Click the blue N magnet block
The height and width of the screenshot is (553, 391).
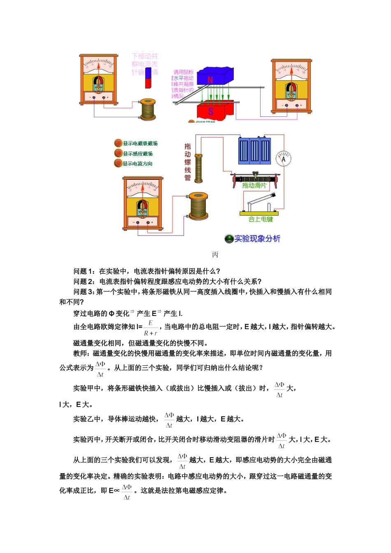(x=214, y=76)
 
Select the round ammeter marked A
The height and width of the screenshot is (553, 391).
(x=283, y=159)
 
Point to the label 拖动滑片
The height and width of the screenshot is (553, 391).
(x=254, y=186)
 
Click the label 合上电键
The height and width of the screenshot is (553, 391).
(x=261, y=219)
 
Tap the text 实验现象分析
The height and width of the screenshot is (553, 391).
(x=257, y=239)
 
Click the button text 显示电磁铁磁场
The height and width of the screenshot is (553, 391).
(x=140, y=144)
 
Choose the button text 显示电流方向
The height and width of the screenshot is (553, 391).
(x=137, y=164)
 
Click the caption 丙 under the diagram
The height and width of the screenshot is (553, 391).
(x=215, y=255)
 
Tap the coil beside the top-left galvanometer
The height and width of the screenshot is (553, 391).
(x=148, y=109)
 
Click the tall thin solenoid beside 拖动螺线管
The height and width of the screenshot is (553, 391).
(x=199, y=168)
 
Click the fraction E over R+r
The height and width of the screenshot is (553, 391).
(x=151, y=328)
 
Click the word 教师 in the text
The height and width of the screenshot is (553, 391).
(x=80, y=353)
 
